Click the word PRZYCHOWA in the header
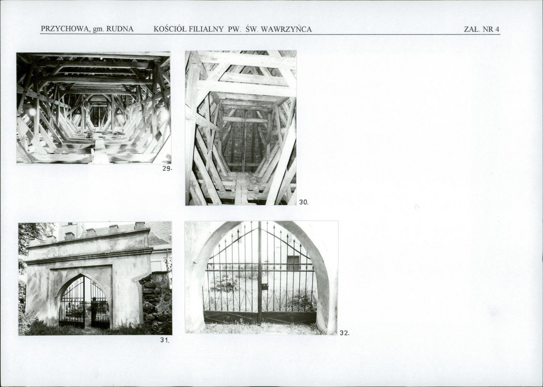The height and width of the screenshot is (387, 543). pyautogui.click(x=65, y=29)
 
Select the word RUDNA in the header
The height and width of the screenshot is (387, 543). pyautogui.click(x=120, y=29)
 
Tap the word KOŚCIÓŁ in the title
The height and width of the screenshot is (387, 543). pyautogui.click(x=170, y=29)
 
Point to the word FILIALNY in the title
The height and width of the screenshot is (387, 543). pyautogui.click(x=207, y=29)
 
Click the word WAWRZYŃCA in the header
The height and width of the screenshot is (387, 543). pyautogui.click(x=286, y=29)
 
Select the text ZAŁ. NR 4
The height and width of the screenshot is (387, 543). pyautogui.click(x=482, y=29)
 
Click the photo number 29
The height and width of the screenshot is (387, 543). pyautogui.click(x=167, y=169)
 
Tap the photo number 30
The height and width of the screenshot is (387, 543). pyautogui.click(x=303, y=202)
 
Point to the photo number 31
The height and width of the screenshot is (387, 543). pyautogui.click(x=164, y=340)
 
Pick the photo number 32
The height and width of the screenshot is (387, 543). pyautogui.click(x=344, y=333)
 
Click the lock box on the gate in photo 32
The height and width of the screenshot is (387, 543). pyautogui.click(x=265, y=287)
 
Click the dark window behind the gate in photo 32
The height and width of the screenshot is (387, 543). pyautogui.click(x=293, y=263)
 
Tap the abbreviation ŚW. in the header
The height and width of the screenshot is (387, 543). pyautogui.click(x=252, y=29)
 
